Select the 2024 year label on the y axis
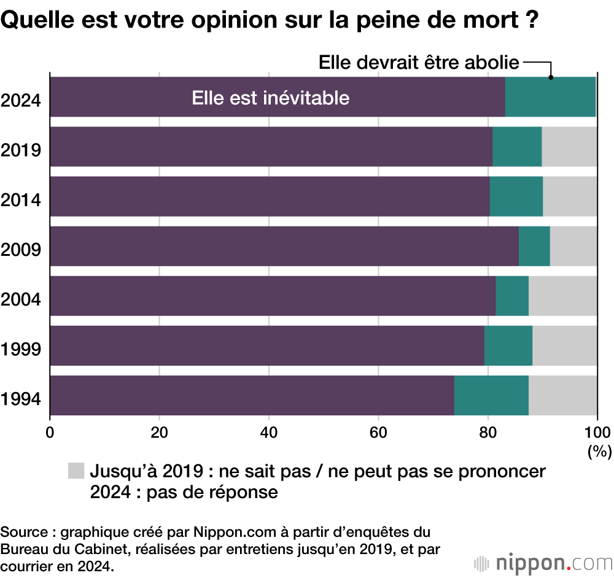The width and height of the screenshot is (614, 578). tap(21, 100)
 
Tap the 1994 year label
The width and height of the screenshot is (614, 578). tap(21, 399)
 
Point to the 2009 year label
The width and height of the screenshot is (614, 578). tap(21, 250)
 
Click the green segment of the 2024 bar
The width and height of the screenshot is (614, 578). tap(550, 97)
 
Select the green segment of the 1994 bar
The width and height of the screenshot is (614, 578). tap(491, 395)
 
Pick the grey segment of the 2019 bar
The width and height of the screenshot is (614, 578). tap(569, 147)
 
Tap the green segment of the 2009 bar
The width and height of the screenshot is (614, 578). tap(534, 246)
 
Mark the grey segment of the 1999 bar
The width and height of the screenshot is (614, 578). tap(565, 345)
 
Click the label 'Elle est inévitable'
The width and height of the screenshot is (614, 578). tap(270, 98)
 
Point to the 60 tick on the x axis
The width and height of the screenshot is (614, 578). tap(378, 431)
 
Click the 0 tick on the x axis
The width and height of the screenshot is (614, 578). tap(50, 431)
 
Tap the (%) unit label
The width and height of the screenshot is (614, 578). tap(599, 452)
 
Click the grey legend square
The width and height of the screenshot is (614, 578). tap(76, 471)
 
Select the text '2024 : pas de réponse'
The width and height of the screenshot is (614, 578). tap(184, 492)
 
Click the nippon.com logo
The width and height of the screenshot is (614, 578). tap(543, 561)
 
